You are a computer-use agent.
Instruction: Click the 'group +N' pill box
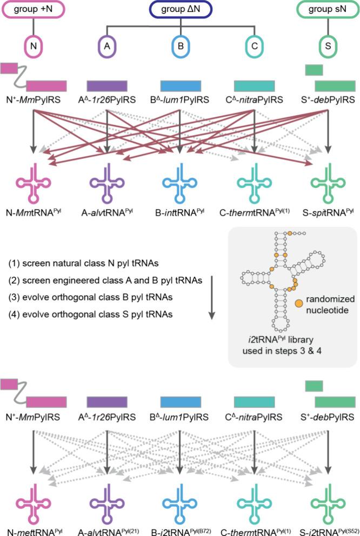click(33, 9)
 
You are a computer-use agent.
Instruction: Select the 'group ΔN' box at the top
click(180, 9)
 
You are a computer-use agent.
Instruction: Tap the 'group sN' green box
click(327, 9)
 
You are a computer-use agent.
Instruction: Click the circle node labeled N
click(33, 46)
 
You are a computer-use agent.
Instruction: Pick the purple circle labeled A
click(107, 46)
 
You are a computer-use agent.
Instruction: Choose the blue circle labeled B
click(181, 46)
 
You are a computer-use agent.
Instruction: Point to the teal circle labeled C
click(254, 46)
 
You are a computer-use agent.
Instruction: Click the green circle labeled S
click(327, 46)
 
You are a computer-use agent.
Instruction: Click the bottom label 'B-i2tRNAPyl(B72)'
click(181, 528)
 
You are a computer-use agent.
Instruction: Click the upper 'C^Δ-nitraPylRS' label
click(254, 100)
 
